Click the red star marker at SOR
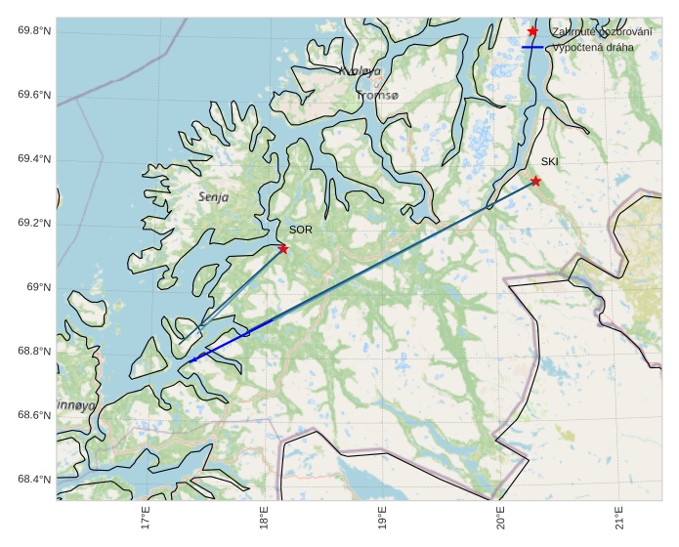pyautogui.click(x=283, y=248)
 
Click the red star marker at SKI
pyautogui.click(x=535, y=181)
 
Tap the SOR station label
pyautogui.click(x=300, y=230)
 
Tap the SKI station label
pyautogui.click(x=550, y=161)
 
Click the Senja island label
pyautogui.click(x=213, y=196)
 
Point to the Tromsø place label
pyautogui.click(x=378, y=96)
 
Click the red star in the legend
pyautogui.click(x=532, y=31)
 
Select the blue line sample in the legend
pyautogui.click(x=532, y=47)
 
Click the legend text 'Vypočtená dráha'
pyautogui.click(x=593, y=47)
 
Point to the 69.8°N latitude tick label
pyautogui.click(x=34, y=31)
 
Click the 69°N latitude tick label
pyautogui.click(x=38, y=287)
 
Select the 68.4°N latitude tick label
pyautogui.click(x=34, y=480)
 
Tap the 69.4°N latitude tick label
pyautogui.click(x=34, y=159)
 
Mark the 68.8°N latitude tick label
pyautogui.click(x=34, y=352)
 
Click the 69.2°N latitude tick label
pyautogui.click(x=34, y=224)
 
